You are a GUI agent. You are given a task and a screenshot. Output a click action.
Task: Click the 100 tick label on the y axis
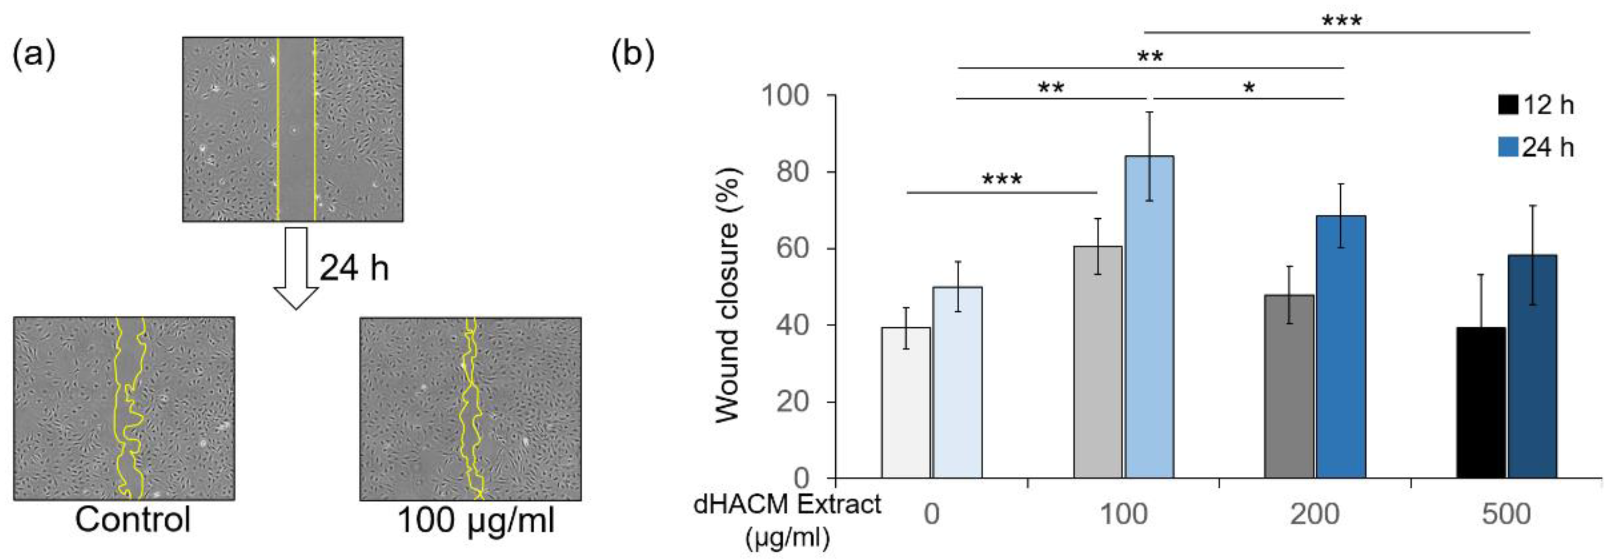(x=784, y=95)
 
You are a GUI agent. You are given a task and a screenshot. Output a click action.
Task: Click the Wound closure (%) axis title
(x=727, y=294)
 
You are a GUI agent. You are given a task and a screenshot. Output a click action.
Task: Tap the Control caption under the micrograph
(x=132, y=519)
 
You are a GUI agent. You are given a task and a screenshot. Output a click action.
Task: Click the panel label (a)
(x=34, y=54)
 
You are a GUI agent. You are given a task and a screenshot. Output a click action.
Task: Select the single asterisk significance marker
(x=1249, y=88)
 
